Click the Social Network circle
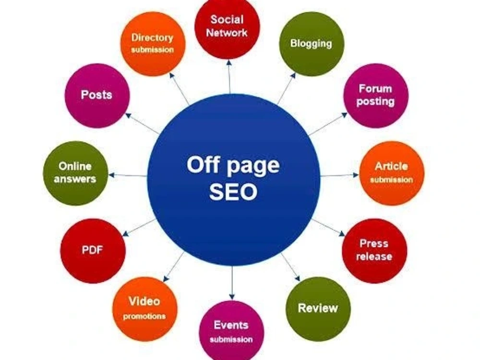point(227,27)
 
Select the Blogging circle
point(312,44)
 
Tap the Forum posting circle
point(376,96)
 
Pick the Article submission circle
point(392,173)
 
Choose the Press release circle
point(375,251)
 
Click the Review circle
point(318,309)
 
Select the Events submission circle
point(231,331)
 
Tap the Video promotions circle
point(145,309)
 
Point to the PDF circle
point(93,251)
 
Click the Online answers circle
point(75,173)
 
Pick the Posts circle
point(97,96)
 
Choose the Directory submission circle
point(153,44)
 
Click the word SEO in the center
point(233,192)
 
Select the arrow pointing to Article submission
point(339,175)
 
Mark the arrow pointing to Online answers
point(128,175)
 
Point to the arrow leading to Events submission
point(232,283)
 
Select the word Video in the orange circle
point(144,301)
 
